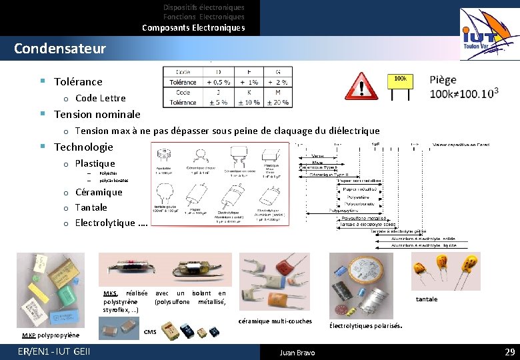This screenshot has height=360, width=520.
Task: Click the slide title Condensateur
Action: click(x=60, y=49)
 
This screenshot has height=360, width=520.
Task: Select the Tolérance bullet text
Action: click(x=78, y=81)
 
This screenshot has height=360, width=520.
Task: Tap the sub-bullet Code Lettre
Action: click(x=100, y=98)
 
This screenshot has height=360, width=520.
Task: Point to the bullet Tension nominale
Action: click(x=97, y=114)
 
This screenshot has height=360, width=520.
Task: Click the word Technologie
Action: click(x=83, y=147)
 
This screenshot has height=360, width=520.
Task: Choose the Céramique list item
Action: click(x=99, y=192)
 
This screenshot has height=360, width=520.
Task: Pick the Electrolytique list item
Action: click(x=111, y=223)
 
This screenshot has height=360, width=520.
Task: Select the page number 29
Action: click(x=510, y=351)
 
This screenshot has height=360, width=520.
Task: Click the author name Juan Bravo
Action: click(x=297, y=352)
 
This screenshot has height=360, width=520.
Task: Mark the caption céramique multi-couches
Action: click(x=275, y=321)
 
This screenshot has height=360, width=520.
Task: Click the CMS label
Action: click(x=150, y=331)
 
